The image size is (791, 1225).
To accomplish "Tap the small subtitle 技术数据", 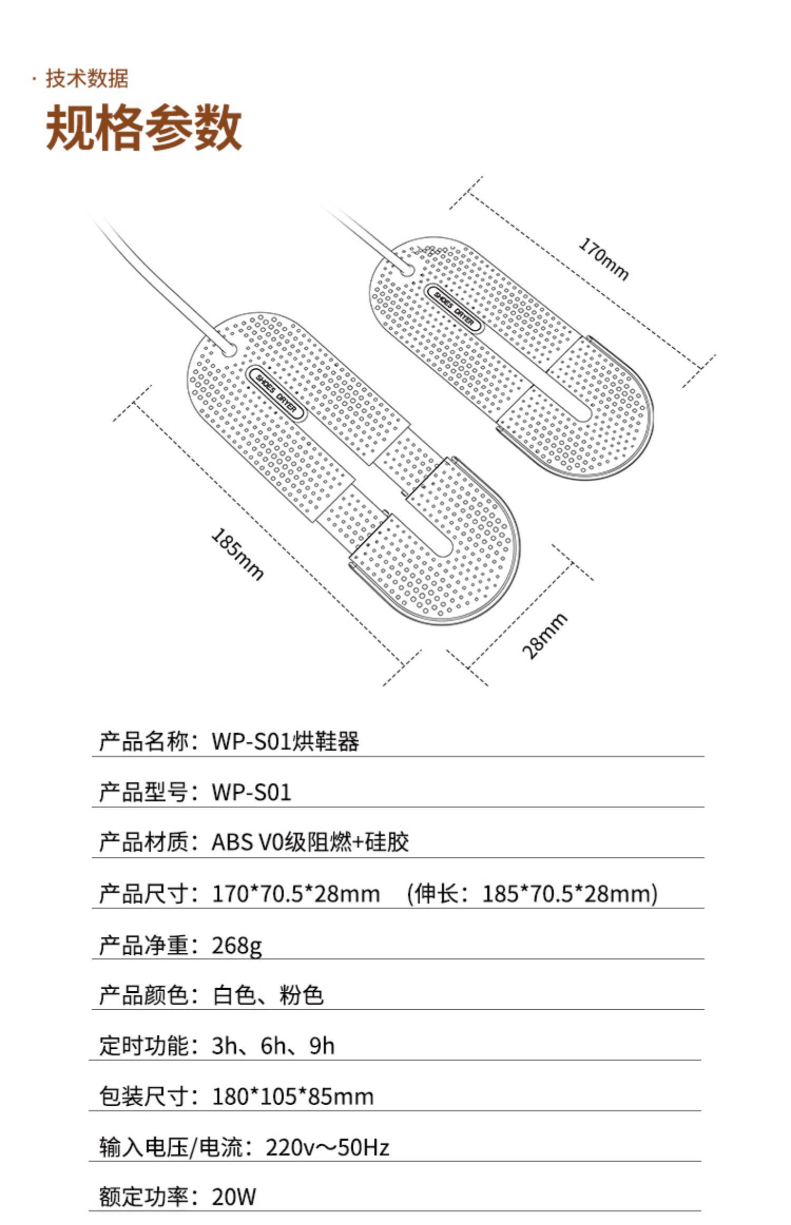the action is (x=87, y=79).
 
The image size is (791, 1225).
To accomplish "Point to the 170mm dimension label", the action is (x=604, y=259).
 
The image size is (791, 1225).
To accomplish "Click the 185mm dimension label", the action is (x=237, y=554).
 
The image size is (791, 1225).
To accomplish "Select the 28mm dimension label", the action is (x=545, y=636).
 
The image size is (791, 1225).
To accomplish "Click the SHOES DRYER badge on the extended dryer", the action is (x=276, y=393).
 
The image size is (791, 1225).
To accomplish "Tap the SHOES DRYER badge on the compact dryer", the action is (x=454, y=309).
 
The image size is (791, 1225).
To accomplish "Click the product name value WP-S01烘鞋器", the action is (x=285, y=741).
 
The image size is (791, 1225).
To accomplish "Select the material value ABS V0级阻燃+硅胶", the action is (x=310, y=842).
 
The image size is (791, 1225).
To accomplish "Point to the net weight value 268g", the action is (x=237, y=945).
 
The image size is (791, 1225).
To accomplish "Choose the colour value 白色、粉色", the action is (x=268, y=995).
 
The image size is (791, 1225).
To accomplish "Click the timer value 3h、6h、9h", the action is (x=273, y=1046).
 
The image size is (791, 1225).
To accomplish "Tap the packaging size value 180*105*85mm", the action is (x=293, y=1096).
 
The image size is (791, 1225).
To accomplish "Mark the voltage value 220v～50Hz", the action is (x=327, y=1147).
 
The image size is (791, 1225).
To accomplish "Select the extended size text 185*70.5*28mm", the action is (x=567, y=894).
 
